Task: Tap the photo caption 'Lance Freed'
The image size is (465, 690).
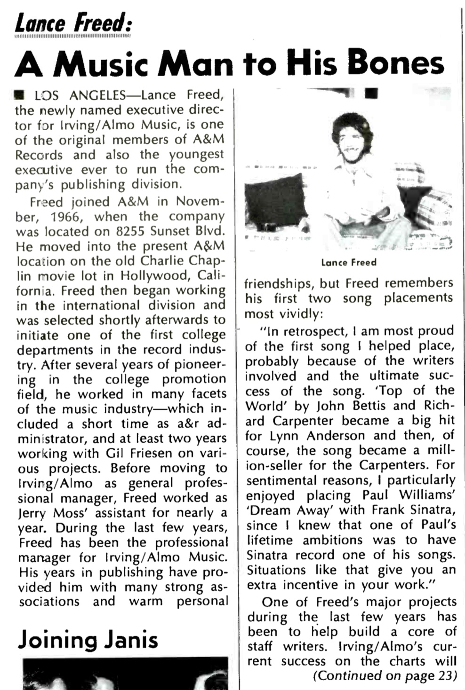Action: pyautogui.click(x=349, y=262)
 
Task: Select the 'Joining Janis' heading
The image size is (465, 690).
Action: pyautogui.click(x=88, y=640)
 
